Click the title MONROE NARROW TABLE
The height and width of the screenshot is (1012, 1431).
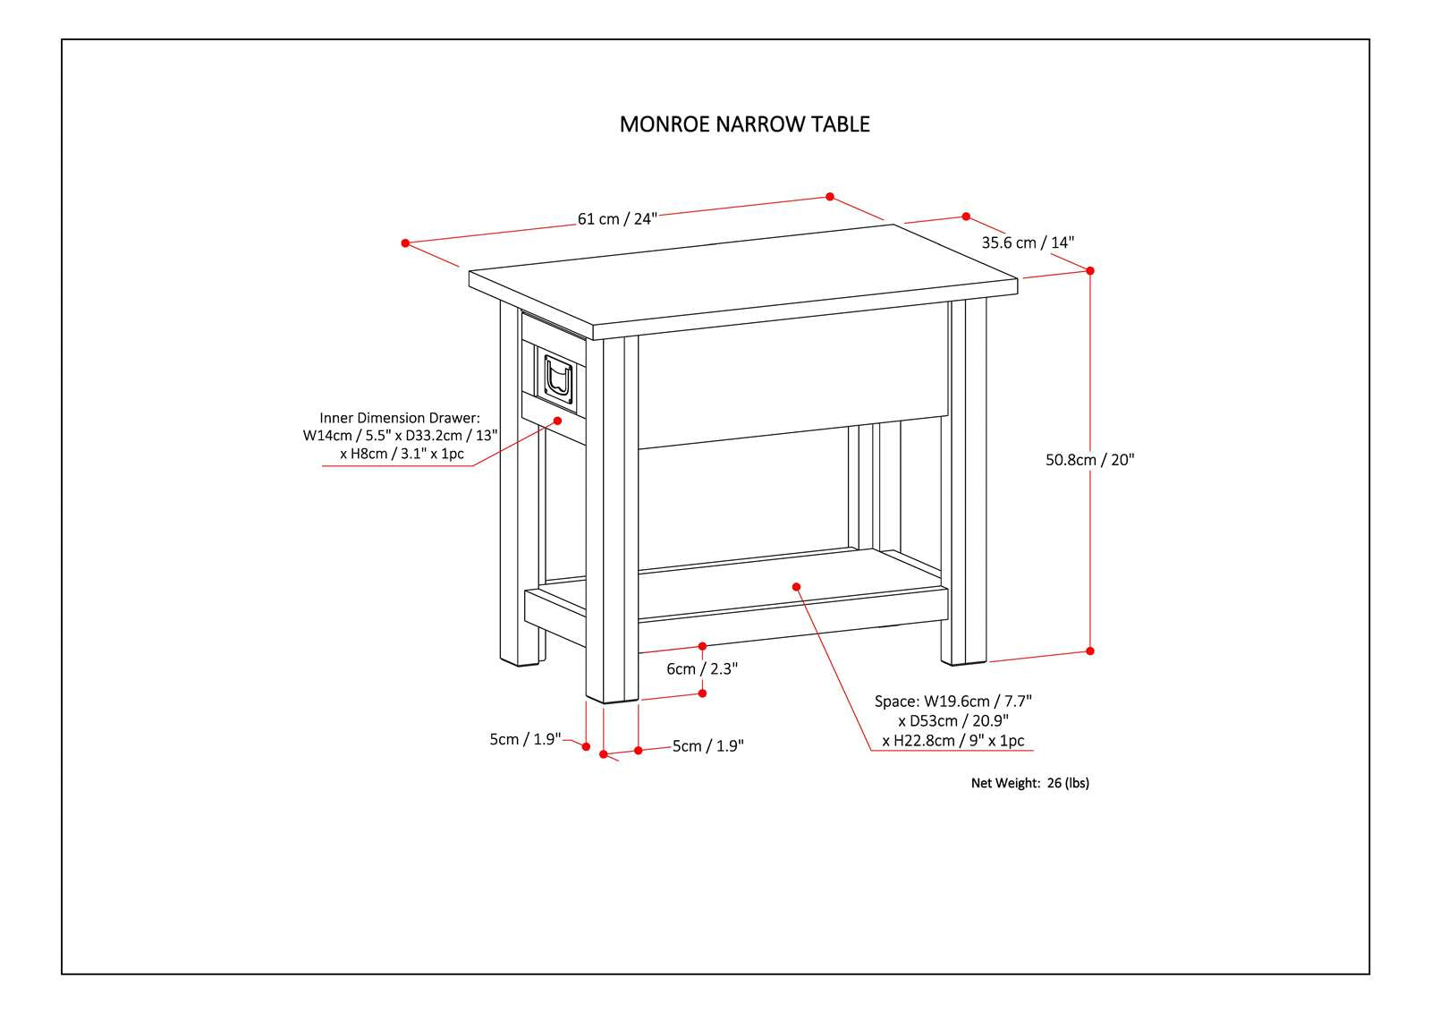(x=744, y=124)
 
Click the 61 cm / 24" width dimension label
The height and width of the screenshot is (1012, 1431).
(x=617, y=219)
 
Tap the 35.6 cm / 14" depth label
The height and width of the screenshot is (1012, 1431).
(x=1028, y=242)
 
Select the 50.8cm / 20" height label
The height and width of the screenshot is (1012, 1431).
(x=1089, y=460)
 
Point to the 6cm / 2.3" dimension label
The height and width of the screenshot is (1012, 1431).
(x=702, y=669)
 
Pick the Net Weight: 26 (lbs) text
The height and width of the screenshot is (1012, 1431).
(x=1029, y=783)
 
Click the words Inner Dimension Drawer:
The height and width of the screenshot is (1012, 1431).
(x=400, y=418)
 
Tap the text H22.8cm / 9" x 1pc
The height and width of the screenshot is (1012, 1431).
(x=953, y=741)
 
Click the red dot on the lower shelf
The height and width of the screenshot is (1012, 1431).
(x=796, y=587)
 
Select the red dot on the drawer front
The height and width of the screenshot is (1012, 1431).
(x=557, y=420)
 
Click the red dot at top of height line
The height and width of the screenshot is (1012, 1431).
(x=1089, y=270)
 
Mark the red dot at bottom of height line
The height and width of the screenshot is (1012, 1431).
(x=1089, y=651)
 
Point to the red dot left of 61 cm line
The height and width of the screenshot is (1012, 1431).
(x=405, y=242)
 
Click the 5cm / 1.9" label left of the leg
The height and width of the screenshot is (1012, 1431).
(x=525, y=739)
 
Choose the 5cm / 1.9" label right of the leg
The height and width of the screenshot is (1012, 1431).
(x=707, y=746)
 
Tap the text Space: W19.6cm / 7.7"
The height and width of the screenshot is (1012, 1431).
(x=959, y=702)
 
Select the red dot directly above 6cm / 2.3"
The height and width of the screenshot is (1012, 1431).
(x=702, y=646)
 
